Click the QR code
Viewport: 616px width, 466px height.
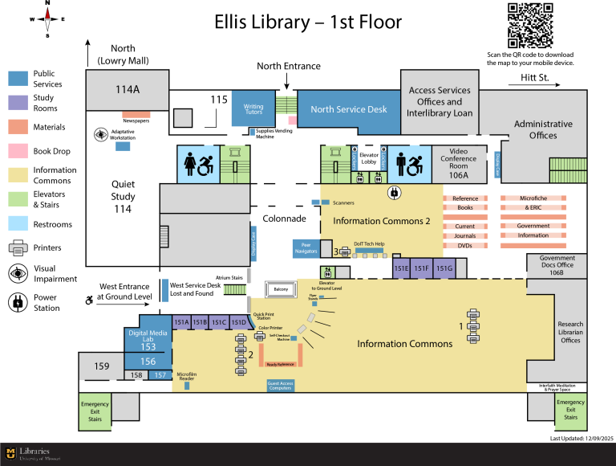[530, 25]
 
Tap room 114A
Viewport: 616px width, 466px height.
[128, 90]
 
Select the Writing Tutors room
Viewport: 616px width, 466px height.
[253, 109]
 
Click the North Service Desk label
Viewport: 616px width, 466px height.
[349, 109]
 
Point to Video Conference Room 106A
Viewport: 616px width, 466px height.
[459, 163]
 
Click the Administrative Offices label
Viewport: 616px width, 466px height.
[543, 129]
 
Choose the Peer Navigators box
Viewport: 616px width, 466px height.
[305, 248]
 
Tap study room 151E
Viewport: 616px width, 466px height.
[401, 268]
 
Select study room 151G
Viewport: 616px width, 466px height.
[444, 268]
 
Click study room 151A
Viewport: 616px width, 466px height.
[181, 322]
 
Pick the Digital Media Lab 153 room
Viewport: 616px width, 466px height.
[148, 340]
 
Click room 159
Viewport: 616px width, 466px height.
[101, 366]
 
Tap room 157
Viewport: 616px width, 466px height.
[160, 375]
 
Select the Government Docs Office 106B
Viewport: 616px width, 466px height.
[557, 266]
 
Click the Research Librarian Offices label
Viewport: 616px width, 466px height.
[570, 332]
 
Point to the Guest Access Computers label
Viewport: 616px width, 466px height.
[280, 386]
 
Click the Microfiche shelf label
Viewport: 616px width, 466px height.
[533, 198]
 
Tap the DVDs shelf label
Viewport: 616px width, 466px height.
[465, 245]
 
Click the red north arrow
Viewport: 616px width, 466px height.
[47, 19]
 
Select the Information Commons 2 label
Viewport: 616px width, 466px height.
[382, 221]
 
